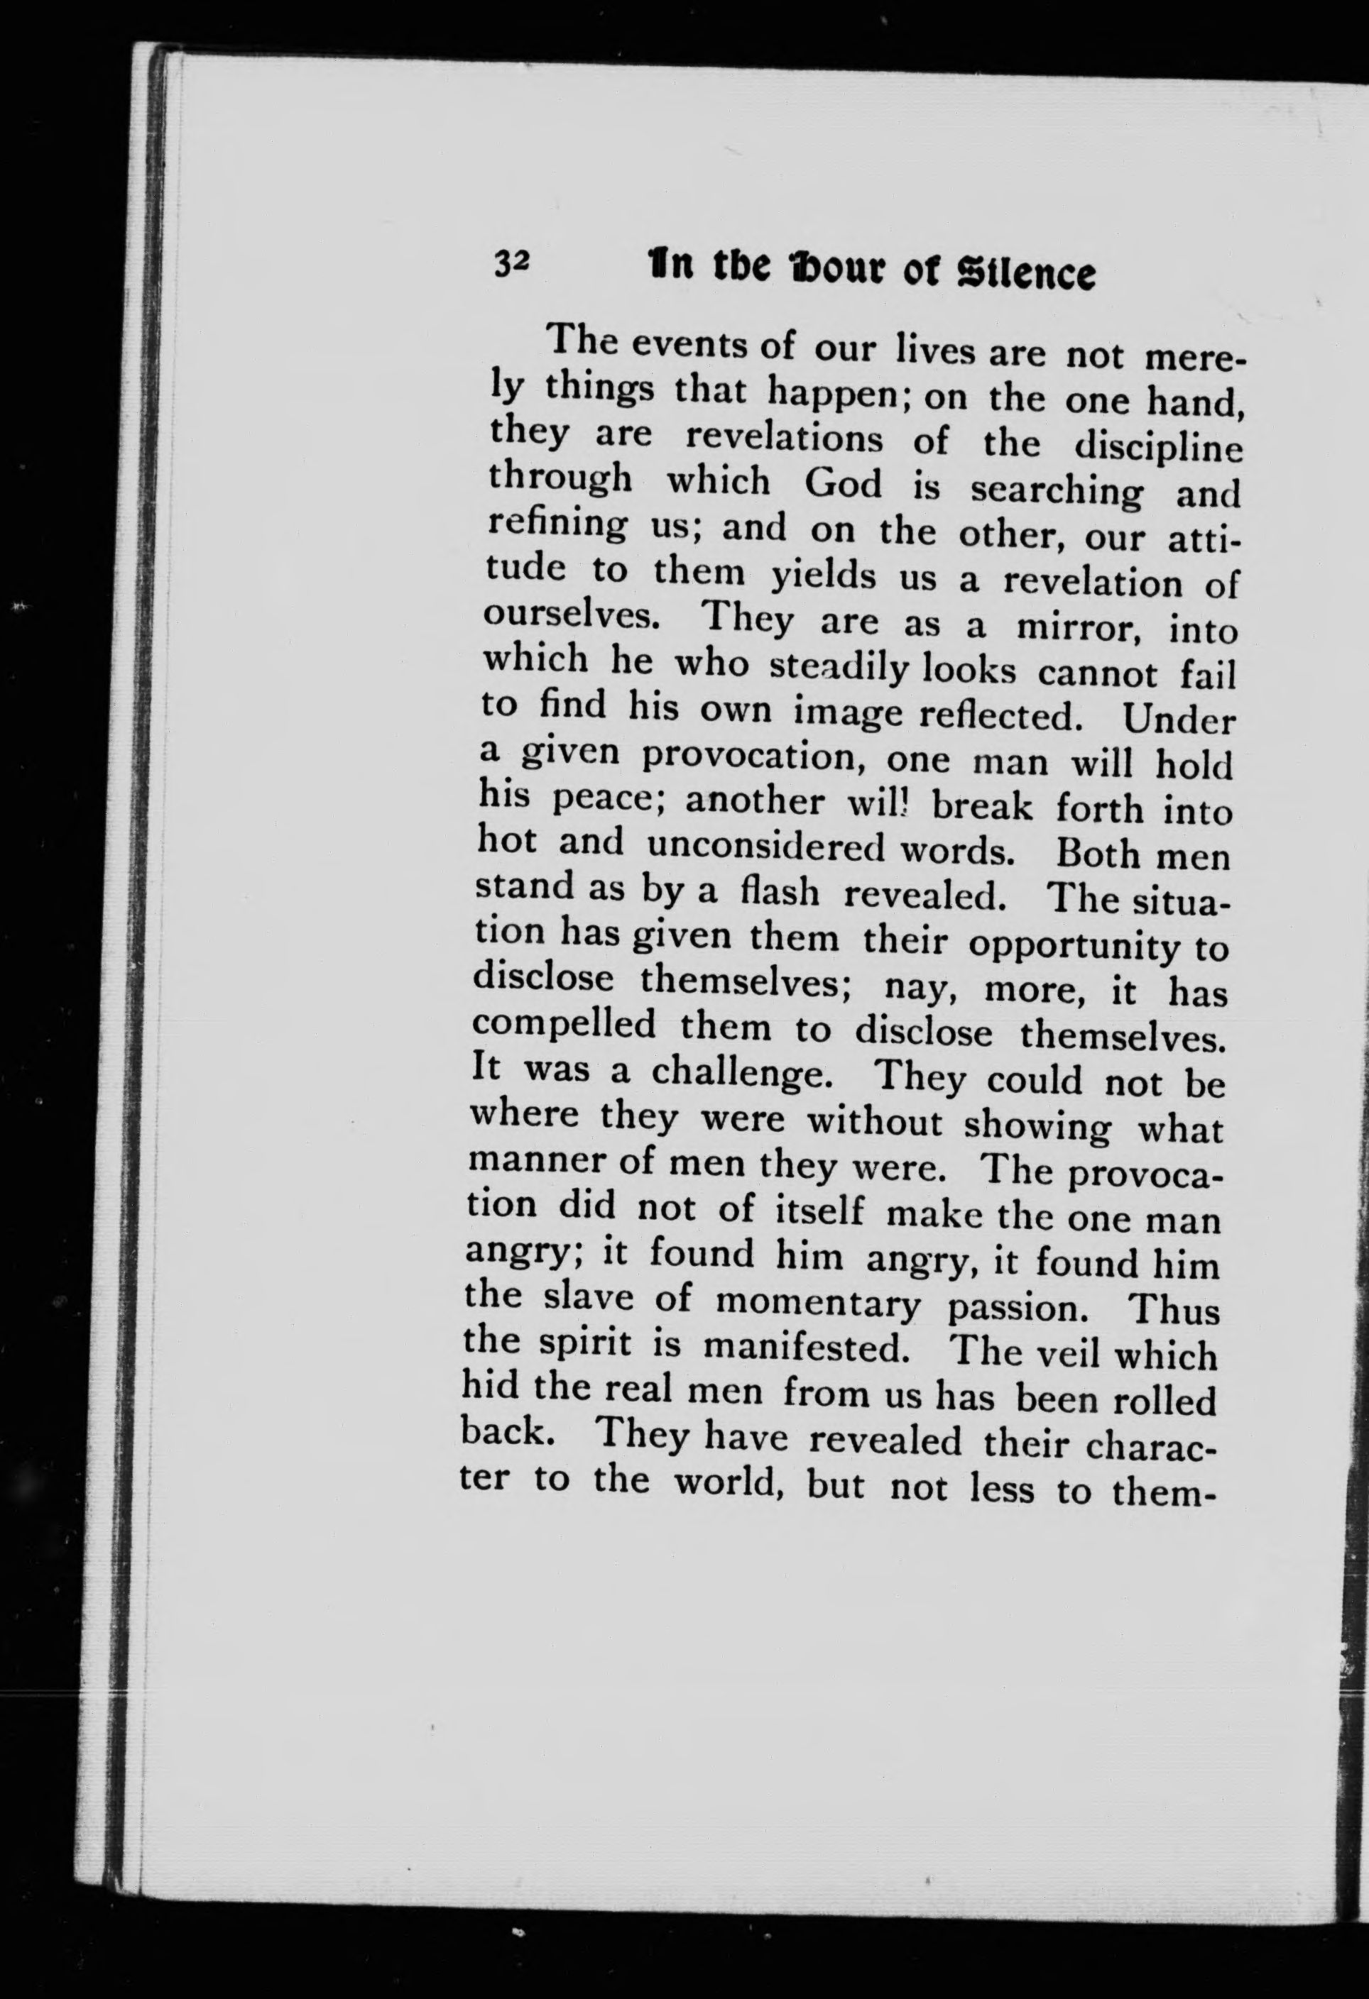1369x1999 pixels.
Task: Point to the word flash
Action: [x=780, y=893]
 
